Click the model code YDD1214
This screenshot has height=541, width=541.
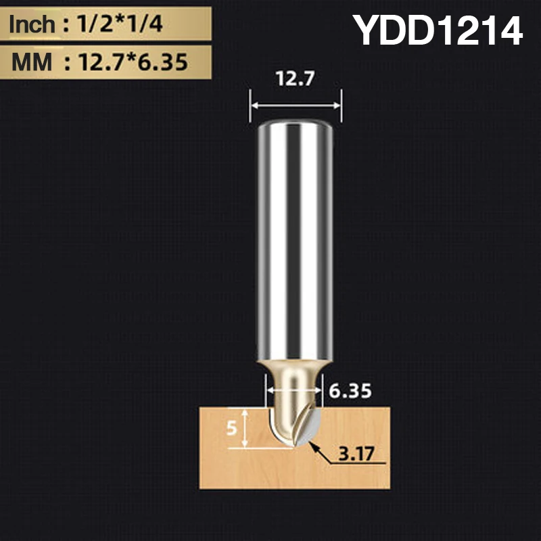[439, 30]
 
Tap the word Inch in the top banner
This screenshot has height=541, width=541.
[31, 26]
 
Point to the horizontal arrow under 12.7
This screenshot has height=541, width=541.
[295, 105]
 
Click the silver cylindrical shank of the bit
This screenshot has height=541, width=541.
[295, 237]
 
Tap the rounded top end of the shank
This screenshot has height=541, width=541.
[295, 125]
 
